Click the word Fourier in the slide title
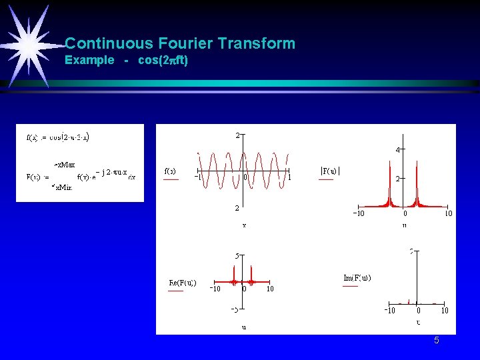[x=193, y=44]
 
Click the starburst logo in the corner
[x=29, y=44]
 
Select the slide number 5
[x=437, y=341]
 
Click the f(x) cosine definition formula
[x=58, y=138]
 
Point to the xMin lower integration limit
[x=62, y=188]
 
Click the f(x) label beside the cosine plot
[x=171, y=171]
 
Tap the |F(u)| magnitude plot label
[x=331, y=171]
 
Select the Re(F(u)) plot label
[x=182, y=282]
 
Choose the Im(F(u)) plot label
[x=357, y=277]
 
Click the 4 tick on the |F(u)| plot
[x=398, y=150]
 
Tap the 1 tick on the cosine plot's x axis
[x=288, y=177]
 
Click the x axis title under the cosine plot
[x=244, y=225]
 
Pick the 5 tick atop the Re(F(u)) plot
[x=237, y=255]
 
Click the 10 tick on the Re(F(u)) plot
[x=269, y=289]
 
